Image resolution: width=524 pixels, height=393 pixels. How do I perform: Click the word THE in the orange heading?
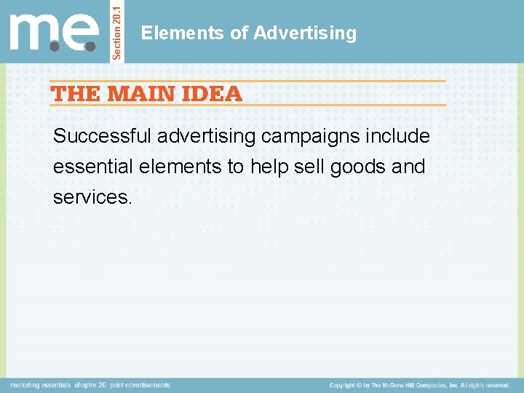(x=76, y=93)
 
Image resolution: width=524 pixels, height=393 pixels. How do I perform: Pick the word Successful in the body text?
(x=102, y=136)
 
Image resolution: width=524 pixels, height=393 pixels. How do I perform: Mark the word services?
(x=92, y=197)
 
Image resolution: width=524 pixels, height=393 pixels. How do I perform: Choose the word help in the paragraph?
(x=269, y=167)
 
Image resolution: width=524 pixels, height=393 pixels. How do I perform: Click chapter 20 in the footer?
(x=91, y=385)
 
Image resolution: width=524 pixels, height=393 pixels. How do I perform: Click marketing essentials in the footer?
(x=41, y=385)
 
